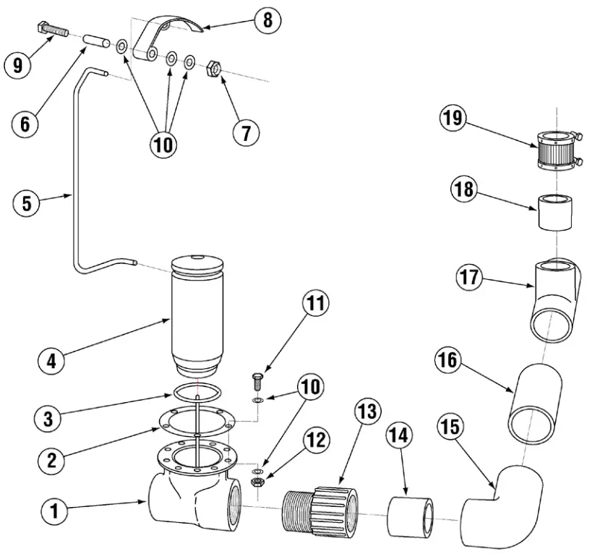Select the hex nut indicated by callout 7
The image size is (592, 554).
pyautogui.click(x=214, y=69)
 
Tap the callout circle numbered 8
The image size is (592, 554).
pyautogui.click(x=267, y=20)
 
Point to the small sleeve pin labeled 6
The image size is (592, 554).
pyautogui.click(x=95, y=42)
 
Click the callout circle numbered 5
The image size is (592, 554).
pyautogui.click(x=27, y=203)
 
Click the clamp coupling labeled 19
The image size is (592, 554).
pyautogui.click(x=557, y=150)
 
